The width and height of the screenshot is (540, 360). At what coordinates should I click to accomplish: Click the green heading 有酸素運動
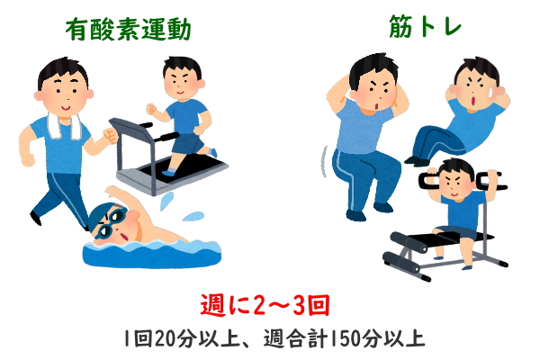(x=128, y=30)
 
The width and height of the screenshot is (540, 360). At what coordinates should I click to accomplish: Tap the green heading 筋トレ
(x=425, y=26)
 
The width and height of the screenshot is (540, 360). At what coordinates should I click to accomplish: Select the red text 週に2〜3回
(x=265, y=304)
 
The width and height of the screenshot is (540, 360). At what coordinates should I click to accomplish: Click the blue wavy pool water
(x=151, y=254)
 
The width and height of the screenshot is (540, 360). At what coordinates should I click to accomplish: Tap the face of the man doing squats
(x=373, y=90)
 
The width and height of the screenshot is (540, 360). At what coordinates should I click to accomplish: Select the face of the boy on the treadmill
(x=182, y=83)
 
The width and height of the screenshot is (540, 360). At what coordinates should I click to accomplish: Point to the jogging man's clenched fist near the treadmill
(x=110, y=136)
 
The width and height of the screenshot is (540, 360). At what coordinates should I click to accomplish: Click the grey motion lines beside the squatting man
(x=324, y=161)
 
